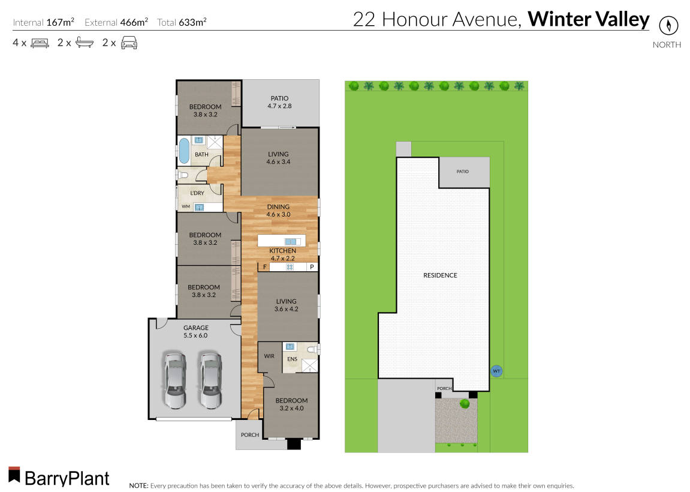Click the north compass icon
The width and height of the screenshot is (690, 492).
pos(667,26)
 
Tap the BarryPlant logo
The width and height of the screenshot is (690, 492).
pos(59,477)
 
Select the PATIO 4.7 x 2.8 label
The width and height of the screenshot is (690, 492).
pos(278,103)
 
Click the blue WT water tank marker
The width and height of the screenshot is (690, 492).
pos(496,371)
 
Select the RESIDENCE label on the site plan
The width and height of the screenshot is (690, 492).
pos(440,275)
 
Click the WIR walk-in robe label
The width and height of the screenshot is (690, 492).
pos(269,356)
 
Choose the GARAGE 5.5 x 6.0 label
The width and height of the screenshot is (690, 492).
pos(195,332)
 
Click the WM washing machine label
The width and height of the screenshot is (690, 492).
pos(185,207)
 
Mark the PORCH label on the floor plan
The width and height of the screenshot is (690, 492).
pos(249,435)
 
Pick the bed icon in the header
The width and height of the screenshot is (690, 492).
pos(40,43)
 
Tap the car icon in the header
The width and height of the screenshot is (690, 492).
pos(129,43)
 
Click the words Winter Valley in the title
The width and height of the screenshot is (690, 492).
pos(588,20)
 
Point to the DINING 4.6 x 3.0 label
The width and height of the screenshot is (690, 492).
pos(278,211)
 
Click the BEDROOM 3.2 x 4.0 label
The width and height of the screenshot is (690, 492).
pos(291,404)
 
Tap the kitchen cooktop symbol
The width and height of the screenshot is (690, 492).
pos(289,267)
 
